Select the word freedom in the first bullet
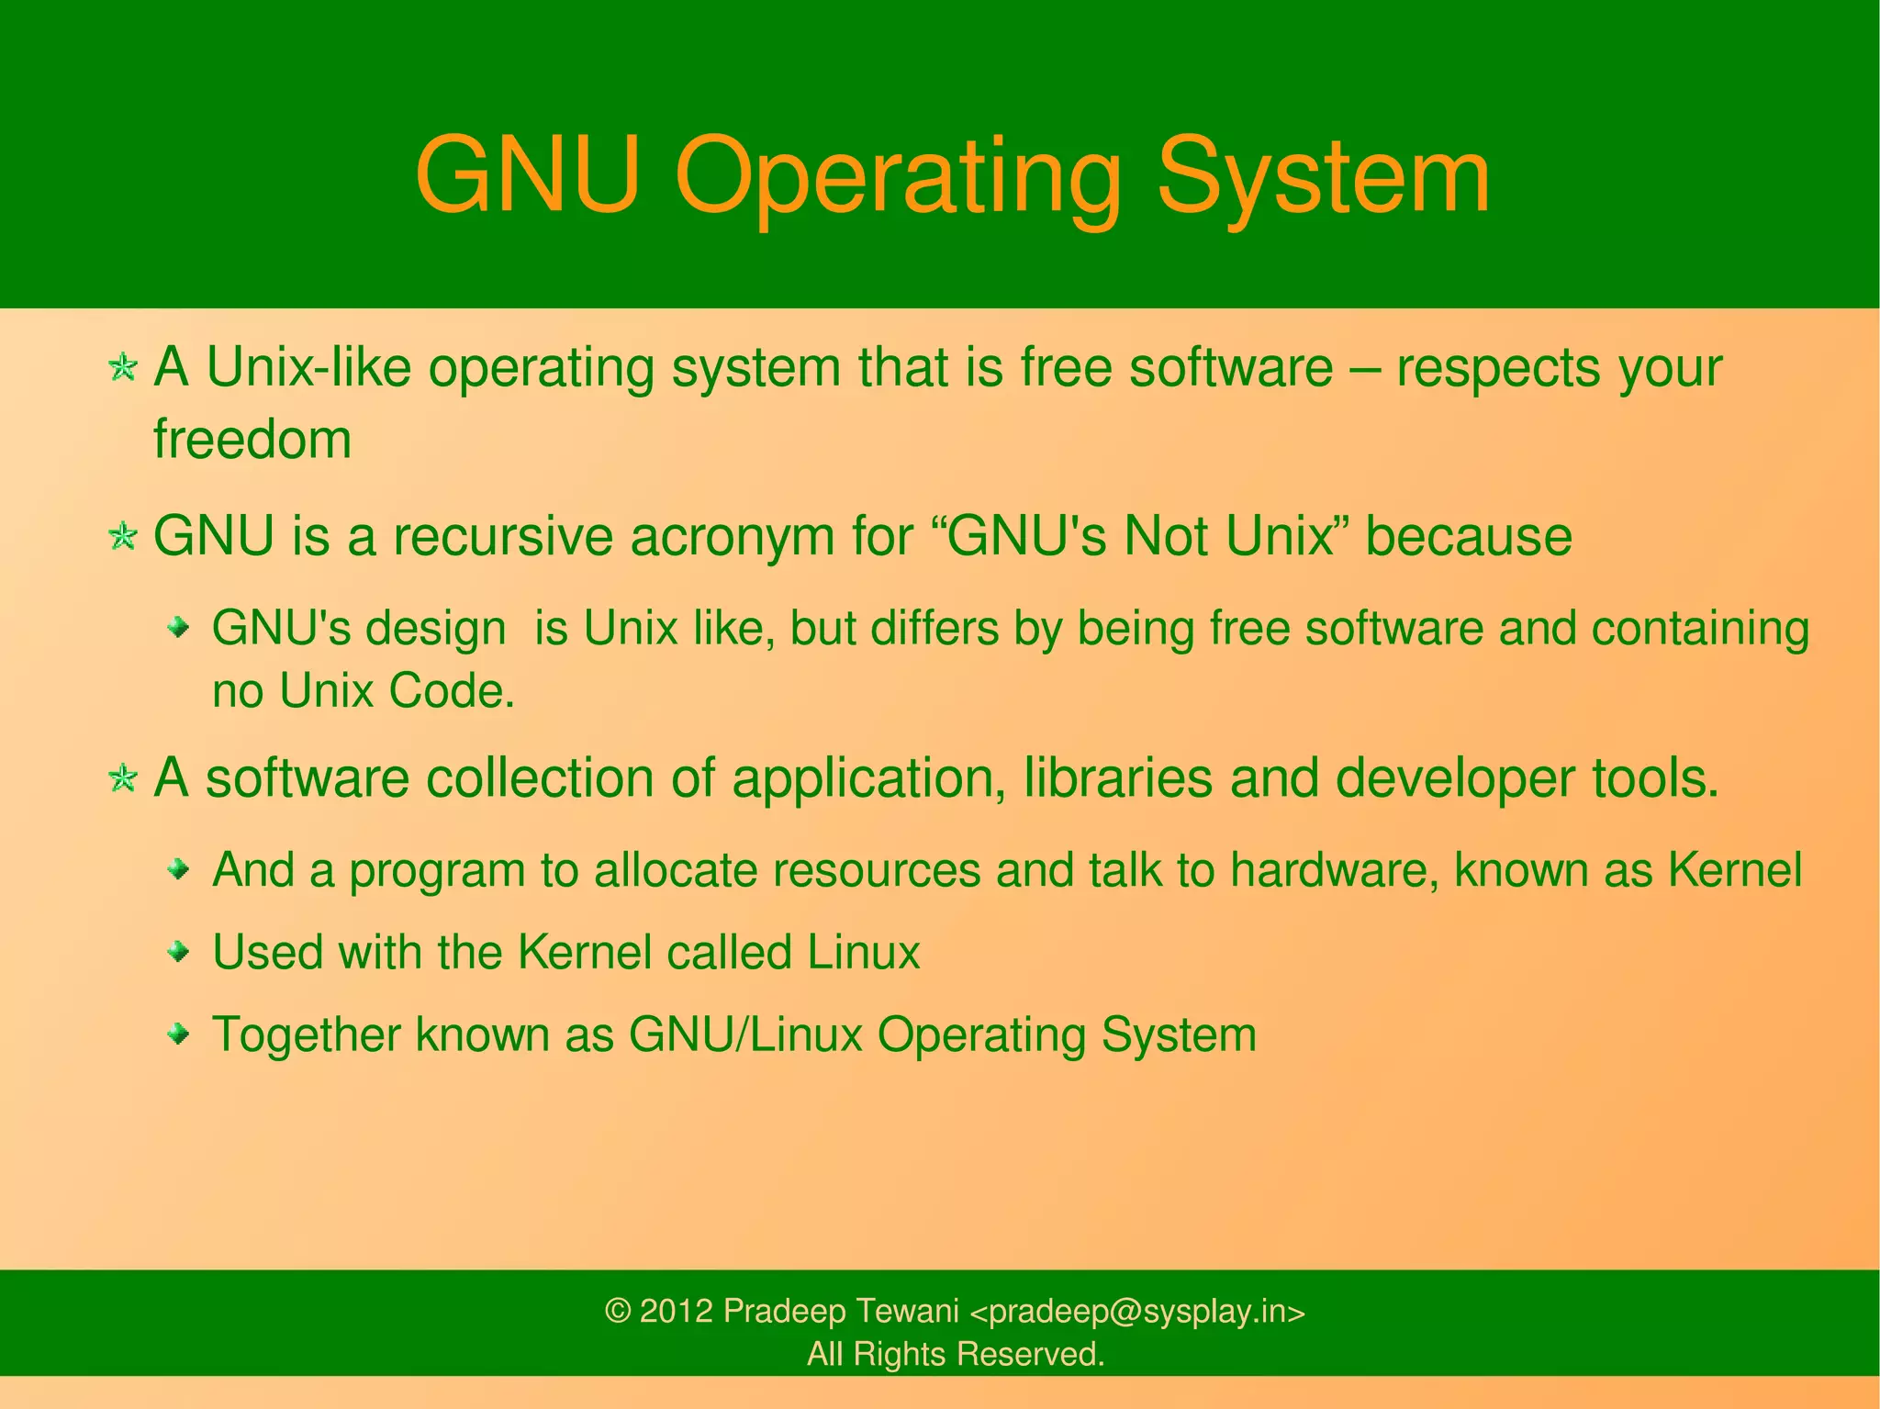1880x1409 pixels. pos(252,439)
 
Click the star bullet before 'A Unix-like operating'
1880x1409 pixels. pos(123,368)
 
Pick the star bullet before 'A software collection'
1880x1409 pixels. pos(123,778)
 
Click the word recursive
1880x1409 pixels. pos(503,536)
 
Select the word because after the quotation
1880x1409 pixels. pos(1469,536)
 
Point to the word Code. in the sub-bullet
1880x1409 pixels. pos(452,690)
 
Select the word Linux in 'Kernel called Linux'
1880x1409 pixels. pos(864,952)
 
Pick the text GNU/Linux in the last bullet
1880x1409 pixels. pos(745,1034)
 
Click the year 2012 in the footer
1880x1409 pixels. pos(676,1311)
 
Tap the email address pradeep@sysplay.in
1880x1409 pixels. pos(1138,1312)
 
